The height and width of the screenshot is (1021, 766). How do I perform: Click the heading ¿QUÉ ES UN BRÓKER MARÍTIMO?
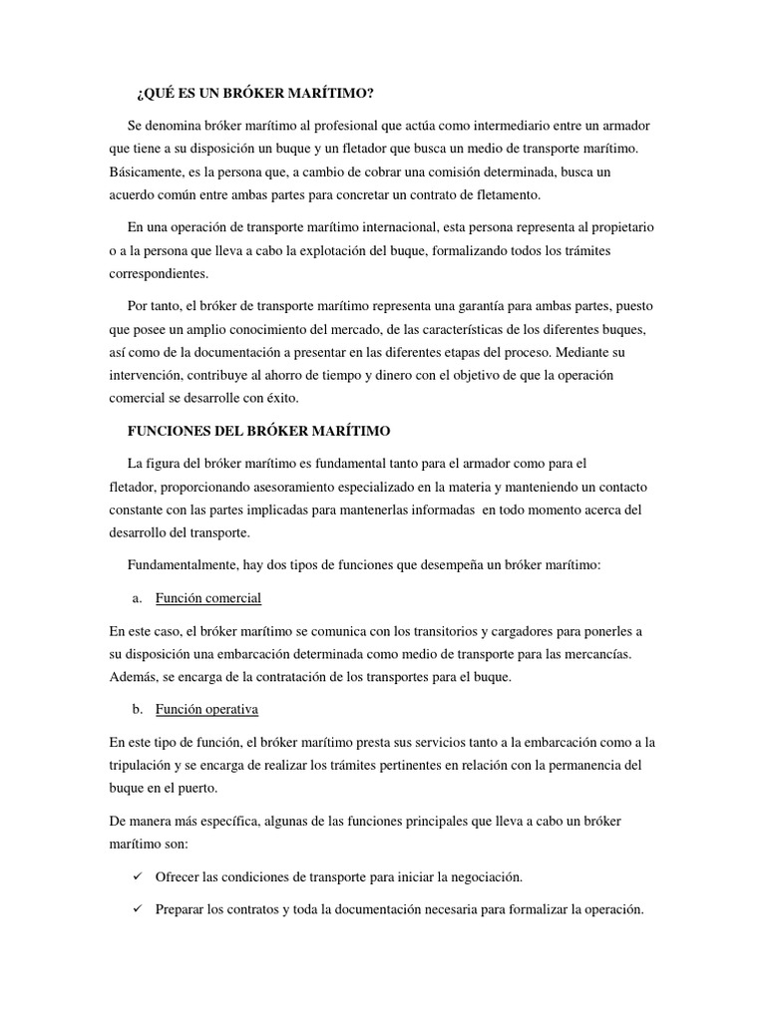[x=254, y=94]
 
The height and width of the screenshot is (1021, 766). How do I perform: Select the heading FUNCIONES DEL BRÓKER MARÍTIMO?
[x=259, y=431]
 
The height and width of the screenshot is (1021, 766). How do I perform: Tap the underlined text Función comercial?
[x=208, y=598]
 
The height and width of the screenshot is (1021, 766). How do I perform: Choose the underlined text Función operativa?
[x=207, y=709]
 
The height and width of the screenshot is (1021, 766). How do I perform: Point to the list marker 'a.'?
[x=138, y=598]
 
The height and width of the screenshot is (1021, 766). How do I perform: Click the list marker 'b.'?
[x=138, y=709]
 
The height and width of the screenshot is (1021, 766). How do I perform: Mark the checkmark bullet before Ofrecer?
[x=138, y=877]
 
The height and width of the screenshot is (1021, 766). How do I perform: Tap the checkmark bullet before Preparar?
[x=138, y=910]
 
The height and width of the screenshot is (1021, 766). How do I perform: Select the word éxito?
[x=289, y=397]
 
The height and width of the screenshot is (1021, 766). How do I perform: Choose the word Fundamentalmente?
[x=191, y=564]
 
